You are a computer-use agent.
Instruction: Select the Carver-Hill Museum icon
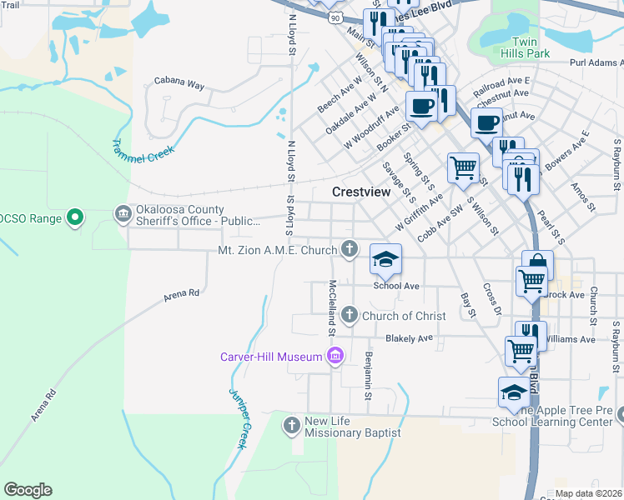(335, 357)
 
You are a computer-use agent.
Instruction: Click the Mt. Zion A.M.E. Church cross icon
(349, 248)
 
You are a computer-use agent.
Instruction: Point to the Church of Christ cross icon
(349, 315)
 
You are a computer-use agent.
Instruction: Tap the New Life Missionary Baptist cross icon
(292, 426)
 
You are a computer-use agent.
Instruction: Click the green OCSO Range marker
(75, 218)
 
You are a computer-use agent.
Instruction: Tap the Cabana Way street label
(179, 84)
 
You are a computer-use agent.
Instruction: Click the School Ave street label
(395, 286)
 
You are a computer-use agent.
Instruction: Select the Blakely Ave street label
(409, 338)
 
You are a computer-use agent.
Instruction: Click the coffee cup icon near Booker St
(421, 107)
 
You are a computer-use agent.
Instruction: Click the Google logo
(28, 490)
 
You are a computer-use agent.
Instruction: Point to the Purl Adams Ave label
(596, 62)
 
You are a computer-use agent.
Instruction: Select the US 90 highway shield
(335, 17)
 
